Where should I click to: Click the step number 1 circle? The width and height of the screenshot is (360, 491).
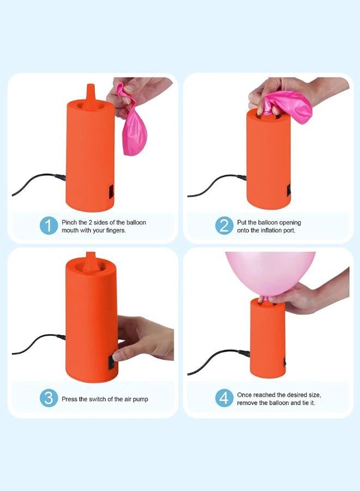(49, 226)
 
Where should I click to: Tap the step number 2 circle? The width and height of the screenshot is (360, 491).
(224, 226)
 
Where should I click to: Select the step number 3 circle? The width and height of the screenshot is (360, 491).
(49, 398)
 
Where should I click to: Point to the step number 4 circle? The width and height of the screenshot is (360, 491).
(224, 398)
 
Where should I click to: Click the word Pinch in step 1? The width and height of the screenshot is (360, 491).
(69, 222)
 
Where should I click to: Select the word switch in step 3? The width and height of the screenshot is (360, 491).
(97, 399)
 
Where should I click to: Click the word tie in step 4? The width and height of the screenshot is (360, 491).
(306, 403)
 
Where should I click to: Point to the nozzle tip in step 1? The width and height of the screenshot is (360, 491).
(90, 85)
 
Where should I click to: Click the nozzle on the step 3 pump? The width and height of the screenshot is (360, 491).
(90, 261)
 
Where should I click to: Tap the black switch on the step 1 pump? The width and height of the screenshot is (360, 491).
(111, 192)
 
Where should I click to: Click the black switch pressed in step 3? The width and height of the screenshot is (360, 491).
(111, 362)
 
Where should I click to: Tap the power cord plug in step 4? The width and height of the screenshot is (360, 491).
(245, 353)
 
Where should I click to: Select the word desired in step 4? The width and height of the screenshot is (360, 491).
(297, 395)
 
